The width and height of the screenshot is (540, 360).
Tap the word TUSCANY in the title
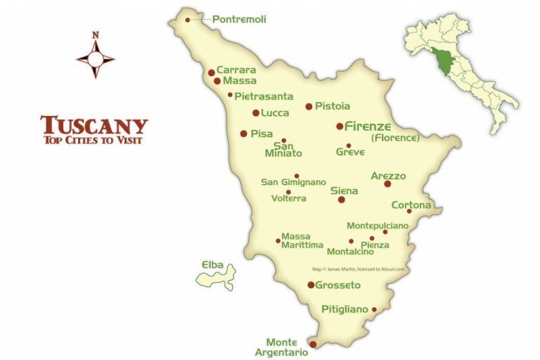94,125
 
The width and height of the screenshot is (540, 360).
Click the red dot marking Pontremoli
188,20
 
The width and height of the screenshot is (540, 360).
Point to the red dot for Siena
342,200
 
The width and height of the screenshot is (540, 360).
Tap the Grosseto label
338,285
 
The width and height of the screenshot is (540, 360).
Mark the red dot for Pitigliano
374,309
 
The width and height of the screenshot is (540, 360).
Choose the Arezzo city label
388,176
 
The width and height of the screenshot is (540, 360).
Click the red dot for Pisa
243,134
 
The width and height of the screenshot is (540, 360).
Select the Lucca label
275,112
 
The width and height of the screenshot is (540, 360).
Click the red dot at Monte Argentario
313,345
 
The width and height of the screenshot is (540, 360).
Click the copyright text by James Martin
362,269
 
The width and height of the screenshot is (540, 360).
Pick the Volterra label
289,198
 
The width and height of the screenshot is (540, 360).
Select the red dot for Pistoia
309,107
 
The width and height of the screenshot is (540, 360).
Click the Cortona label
411,205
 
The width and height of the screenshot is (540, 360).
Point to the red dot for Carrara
211,72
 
